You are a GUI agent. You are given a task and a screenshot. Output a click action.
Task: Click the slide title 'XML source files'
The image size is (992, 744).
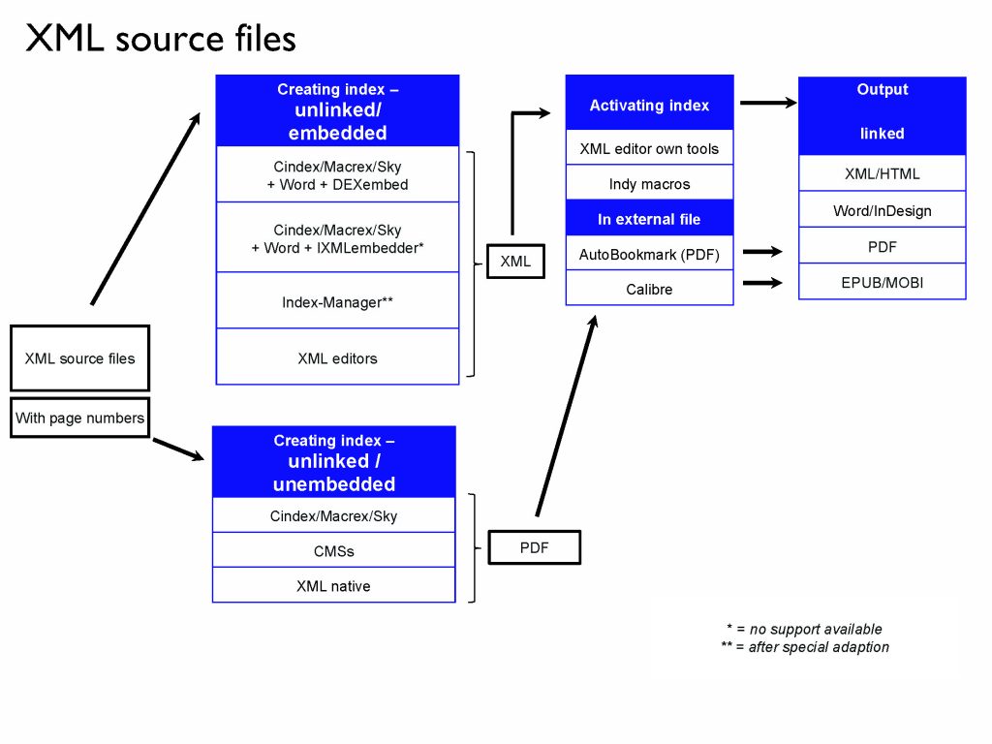tap(160, 38)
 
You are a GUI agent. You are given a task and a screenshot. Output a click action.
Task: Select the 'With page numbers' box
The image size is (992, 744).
tap(79, 418)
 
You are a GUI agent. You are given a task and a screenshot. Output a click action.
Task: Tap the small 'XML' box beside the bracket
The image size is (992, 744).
tap(515, 261)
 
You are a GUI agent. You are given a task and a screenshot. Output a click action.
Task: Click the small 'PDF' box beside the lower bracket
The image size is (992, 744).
tap(534, 547)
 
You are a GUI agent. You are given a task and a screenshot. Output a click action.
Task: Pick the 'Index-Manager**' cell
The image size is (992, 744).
tap(337, 302)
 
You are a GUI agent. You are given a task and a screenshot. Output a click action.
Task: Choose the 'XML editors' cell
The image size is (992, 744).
tap(337, 358)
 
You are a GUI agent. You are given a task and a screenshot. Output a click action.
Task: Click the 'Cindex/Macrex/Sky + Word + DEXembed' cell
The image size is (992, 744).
tap(337, 175)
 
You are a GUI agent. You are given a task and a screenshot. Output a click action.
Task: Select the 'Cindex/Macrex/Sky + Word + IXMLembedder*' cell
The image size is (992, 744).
tap(337, 238)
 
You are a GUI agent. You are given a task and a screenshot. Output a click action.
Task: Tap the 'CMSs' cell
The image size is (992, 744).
tap(333, 551)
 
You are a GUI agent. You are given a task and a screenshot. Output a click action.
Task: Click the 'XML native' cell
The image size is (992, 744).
tap(333, 586)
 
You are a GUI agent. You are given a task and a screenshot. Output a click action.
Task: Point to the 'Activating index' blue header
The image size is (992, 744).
tap(649, 105)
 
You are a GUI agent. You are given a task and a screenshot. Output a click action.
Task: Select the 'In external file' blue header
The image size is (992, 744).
tap(649, 219)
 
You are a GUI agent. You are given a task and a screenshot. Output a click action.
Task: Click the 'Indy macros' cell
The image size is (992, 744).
tap(649, 184)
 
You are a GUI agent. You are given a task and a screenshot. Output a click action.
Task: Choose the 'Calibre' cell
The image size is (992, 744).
tap(649, 289)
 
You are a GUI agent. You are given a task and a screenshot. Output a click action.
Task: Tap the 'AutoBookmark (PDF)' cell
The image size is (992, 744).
tap(649, 254)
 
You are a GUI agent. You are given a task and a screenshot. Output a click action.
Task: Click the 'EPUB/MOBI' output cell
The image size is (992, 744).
tap(882, 282)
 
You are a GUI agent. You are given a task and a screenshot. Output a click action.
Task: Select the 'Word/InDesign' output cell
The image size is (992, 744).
tap(882, 210)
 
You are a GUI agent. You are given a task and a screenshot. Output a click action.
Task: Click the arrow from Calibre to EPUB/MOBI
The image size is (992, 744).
tap(762, 283)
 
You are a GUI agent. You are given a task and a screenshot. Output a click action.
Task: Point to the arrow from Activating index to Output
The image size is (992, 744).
tap(766, 102)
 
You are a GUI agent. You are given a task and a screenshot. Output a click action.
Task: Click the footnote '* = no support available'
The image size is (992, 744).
tap(804, 629)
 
